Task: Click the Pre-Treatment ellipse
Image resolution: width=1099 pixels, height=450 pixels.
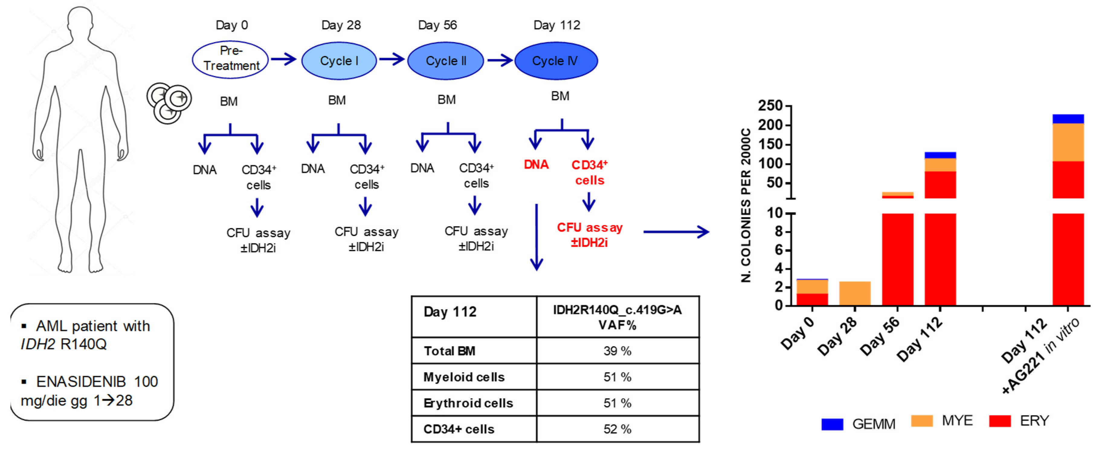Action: pyautogui.click(x=230, y=60)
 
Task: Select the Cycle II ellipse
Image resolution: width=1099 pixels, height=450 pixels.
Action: pyautogui.click(x=445, y=60)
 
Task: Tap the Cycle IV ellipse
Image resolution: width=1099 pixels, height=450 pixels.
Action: pyautogui.click(x=556, y=60)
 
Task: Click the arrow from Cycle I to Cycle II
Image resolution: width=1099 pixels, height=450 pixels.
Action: pyautogui.click(x=391, y=59)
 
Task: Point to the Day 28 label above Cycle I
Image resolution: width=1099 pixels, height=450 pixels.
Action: pyautogui.click(x=341, y=25)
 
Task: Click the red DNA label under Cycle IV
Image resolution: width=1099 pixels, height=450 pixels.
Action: pyautogui.click(x=536, y=165)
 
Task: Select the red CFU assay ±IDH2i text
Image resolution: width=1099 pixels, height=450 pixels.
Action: pyautogui.click(x=590, y=235)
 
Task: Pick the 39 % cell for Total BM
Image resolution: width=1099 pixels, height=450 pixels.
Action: pyautogui.click(x=617, y=351)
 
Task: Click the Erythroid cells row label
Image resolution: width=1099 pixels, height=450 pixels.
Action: pyautogui.click(x=468, y=403)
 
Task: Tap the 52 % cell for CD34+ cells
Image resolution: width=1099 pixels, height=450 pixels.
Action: pyautogui.click(x=617, y=429)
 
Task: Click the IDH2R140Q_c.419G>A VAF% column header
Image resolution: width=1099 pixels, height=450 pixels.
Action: pyautogui.click(x=617, y=317)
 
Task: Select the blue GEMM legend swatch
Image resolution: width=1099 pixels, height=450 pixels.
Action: pyautogui.click(x=832, y=424)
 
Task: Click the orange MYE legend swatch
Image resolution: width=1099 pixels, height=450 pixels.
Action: pyautogui.click(x=921, y=421)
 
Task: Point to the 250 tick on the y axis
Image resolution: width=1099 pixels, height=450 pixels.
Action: pyautogui.click(x=770, y=106)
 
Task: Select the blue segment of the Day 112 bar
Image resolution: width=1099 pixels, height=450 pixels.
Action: pyautogui.click(x=940, y=155)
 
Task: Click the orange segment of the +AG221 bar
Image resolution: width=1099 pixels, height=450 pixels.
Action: pyautogui.click(x=1068, y=142)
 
